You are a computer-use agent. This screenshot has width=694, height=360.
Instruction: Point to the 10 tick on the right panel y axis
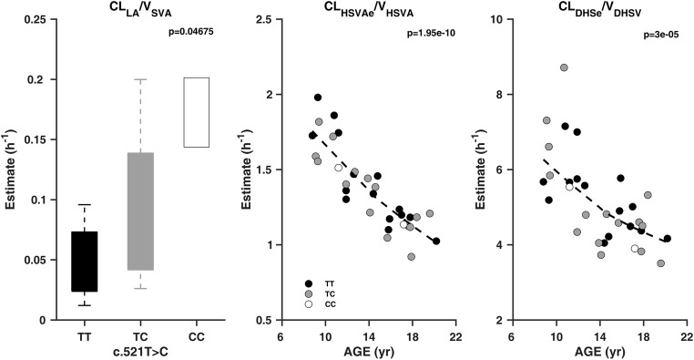pyautogui.click(x=499, y=18)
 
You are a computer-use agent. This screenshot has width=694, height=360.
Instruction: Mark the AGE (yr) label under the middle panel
pyautogui.click(x=367, y=351)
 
